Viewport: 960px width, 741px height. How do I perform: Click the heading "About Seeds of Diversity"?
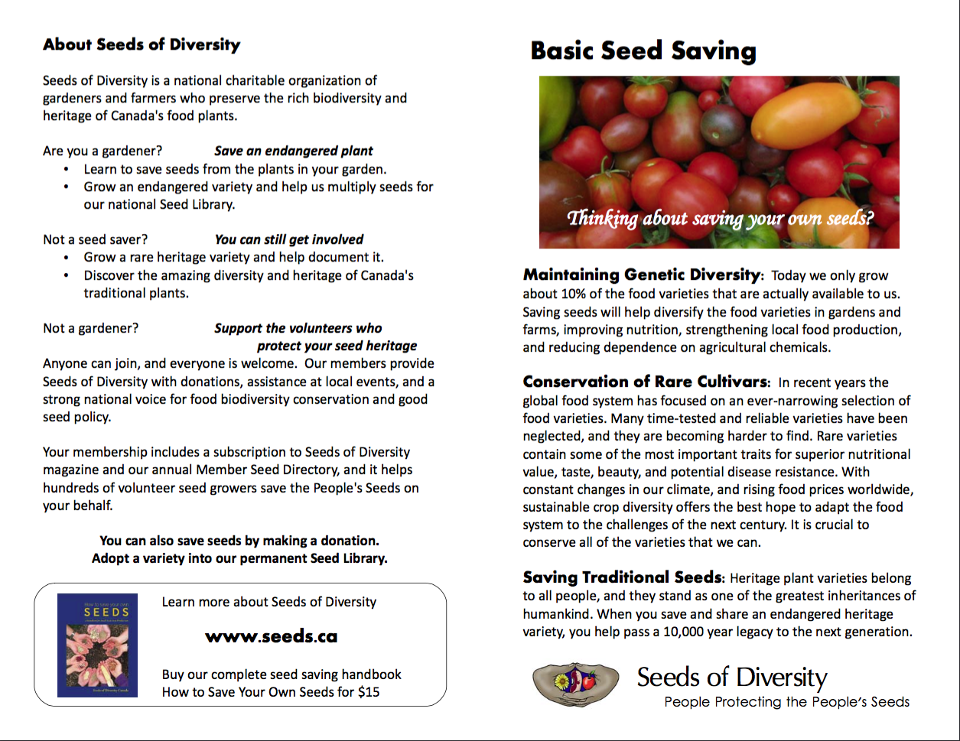(x=142, y=44)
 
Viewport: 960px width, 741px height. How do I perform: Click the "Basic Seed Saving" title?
(x=643, y=51)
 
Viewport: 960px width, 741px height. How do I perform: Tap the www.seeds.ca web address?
(x=271, y=637)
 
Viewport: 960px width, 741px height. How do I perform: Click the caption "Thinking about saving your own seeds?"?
(x=719, y=218)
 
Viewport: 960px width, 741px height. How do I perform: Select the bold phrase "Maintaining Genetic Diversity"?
(x=642, y=275)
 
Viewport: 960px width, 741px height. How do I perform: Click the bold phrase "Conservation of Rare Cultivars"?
(x=645, y=382)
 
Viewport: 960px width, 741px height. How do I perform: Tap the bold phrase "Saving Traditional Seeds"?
(x=622, y=577)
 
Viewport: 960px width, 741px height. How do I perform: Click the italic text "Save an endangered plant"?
(x=294, y=151)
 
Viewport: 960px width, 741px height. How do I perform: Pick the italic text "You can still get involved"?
(x=289, y=239)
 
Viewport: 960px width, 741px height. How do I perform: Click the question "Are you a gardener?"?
(x=103, y=151)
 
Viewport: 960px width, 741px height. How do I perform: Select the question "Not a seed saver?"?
(x=96, y=239)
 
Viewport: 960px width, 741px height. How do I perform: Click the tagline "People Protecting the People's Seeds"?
(x=786, y=702)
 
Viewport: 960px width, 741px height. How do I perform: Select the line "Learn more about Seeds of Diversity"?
(x=269, y=602)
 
